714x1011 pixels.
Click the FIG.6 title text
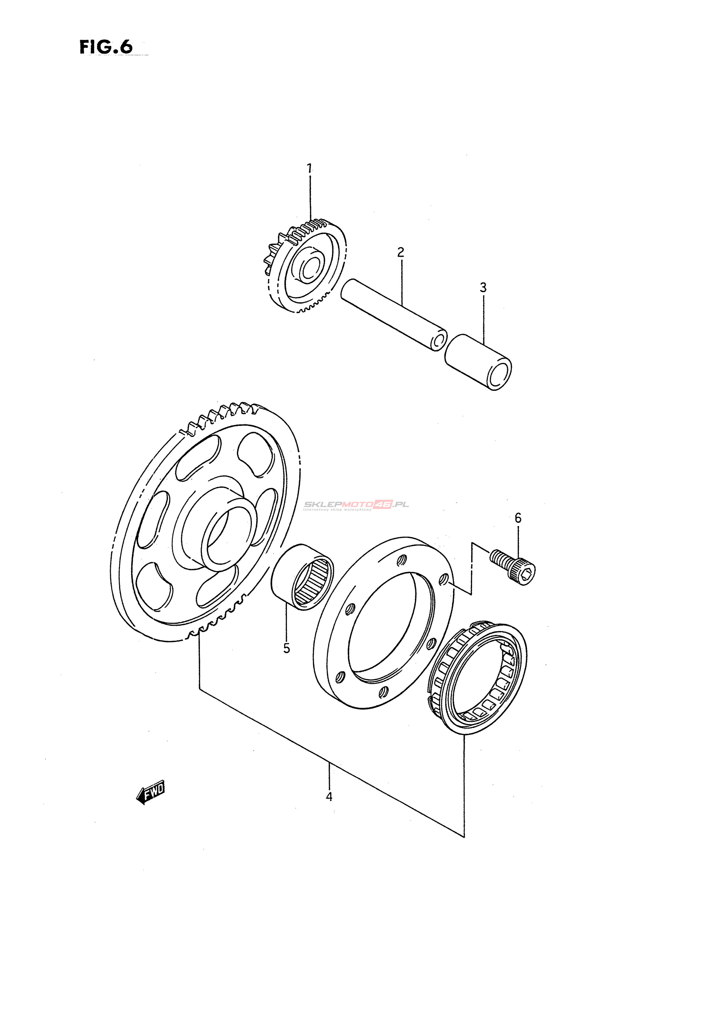pos(106,47)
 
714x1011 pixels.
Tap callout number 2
pos(400,252)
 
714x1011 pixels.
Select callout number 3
pos(483,288)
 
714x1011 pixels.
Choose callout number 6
pos(518,518)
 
